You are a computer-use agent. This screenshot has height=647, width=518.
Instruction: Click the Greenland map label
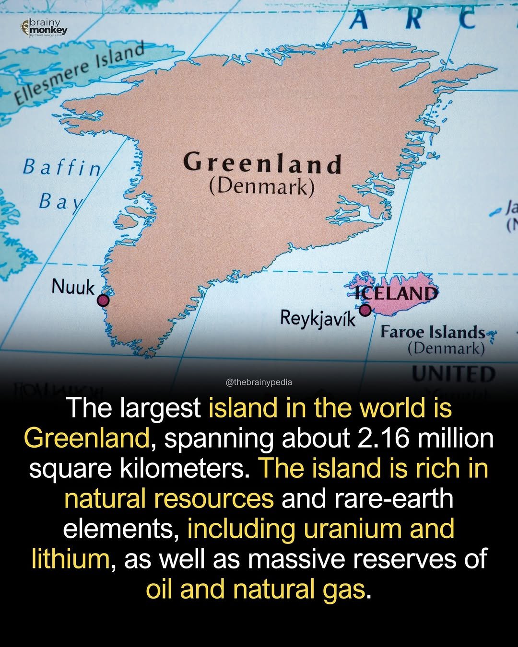(262, 163)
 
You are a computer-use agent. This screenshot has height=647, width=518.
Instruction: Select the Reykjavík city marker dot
(365, 310)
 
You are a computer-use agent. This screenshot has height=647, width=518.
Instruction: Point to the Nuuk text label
(73, 287)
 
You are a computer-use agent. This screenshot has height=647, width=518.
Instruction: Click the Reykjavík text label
(318, 318)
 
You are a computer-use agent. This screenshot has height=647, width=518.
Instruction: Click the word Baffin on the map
(62, 167)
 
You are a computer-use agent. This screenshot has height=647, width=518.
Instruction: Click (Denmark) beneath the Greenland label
(262, 186)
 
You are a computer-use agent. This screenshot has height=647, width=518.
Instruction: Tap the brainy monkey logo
(44, 28)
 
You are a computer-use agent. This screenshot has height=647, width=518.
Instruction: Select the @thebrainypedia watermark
(259, 382)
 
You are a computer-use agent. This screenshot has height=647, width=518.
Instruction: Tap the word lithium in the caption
(70, 559)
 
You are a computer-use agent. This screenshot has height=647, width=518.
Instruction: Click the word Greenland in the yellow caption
(86, 438)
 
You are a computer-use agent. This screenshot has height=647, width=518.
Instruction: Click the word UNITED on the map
(453, 374)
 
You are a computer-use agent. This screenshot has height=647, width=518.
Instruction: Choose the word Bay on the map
(60, 201)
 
